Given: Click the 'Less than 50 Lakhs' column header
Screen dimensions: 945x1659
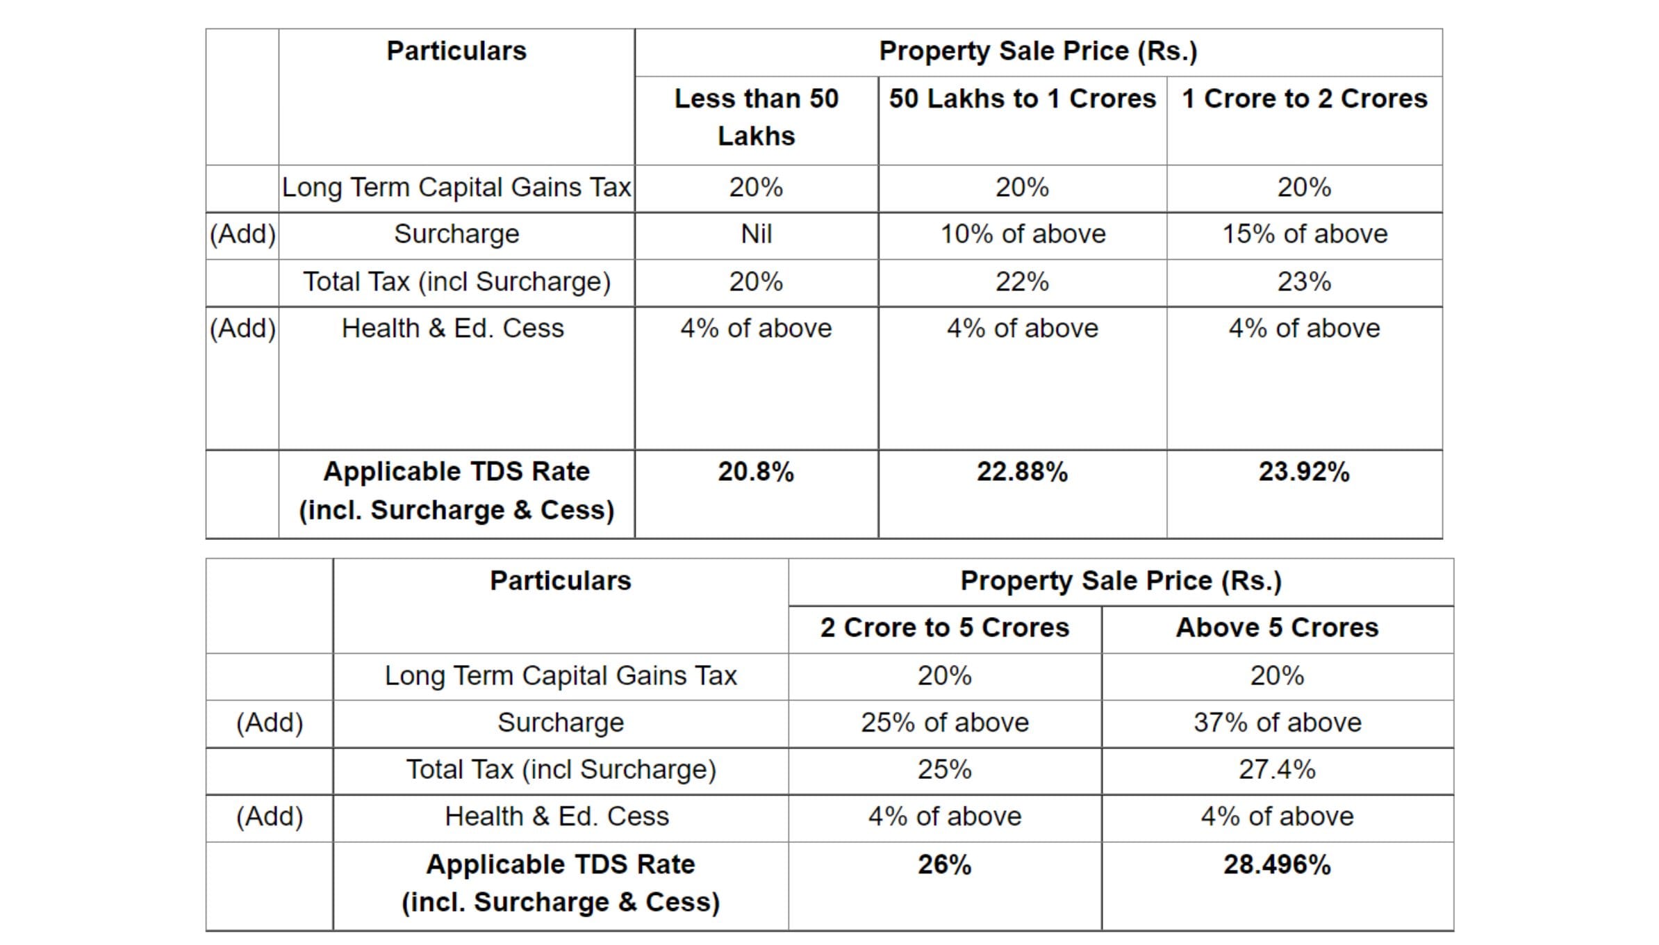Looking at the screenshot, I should (x=756, y=117).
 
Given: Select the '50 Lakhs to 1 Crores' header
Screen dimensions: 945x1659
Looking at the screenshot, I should (x=1022, y=99).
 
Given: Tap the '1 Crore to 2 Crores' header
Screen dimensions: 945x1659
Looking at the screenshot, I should (x=1304, y=99).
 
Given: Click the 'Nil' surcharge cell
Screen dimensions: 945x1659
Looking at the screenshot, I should (x=756, y=234).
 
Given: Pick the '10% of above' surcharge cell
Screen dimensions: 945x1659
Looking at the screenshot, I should (x=1022, y=234).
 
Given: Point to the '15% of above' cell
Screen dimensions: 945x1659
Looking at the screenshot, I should (x=1304, y=234).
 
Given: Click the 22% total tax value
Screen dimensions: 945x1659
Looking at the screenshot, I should (x=1022, y=281).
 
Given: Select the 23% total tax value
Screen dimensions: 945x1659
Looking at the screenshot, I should (x=1304, y=281).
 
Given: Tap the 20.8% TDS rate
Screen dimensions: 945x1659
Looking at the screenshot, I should (x=756, y=472).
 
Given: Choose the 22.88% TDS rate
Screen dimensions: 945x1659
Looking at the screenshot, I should (x=1022, y=472).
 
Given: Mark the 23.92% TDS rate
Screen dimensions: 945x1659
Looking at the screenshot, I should (x=1304, y=472).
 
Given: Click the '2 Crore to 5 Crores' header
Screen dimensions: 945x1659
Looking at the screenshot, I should (x=944, y=627).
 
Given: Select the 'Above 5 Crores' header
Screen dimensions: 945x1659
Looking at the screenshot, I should (x=1277, y=627).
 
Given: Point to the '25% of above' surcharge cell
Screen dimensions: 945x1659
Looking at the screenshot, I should (x=944, y=723).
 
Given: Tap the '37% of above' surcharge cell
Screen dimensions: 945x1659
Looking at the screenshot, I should (x=1277, y=723).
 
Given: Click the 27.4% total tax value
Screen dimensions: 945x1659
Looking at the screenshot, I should (x=1277, y=770).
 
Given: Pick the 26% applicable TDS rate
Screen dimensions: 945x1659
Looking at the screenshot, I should (x=944, y=864).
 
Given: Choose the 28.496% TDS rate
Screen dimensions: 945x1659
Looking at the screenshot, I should (x=1277, y=864).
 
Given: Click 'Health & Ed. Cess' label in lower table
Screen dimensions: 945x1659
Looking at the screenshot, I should (x=556, y=816).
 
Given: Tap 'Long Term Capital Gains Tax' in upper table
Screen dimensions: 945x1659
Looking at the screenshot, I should (x=456, y=188).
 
